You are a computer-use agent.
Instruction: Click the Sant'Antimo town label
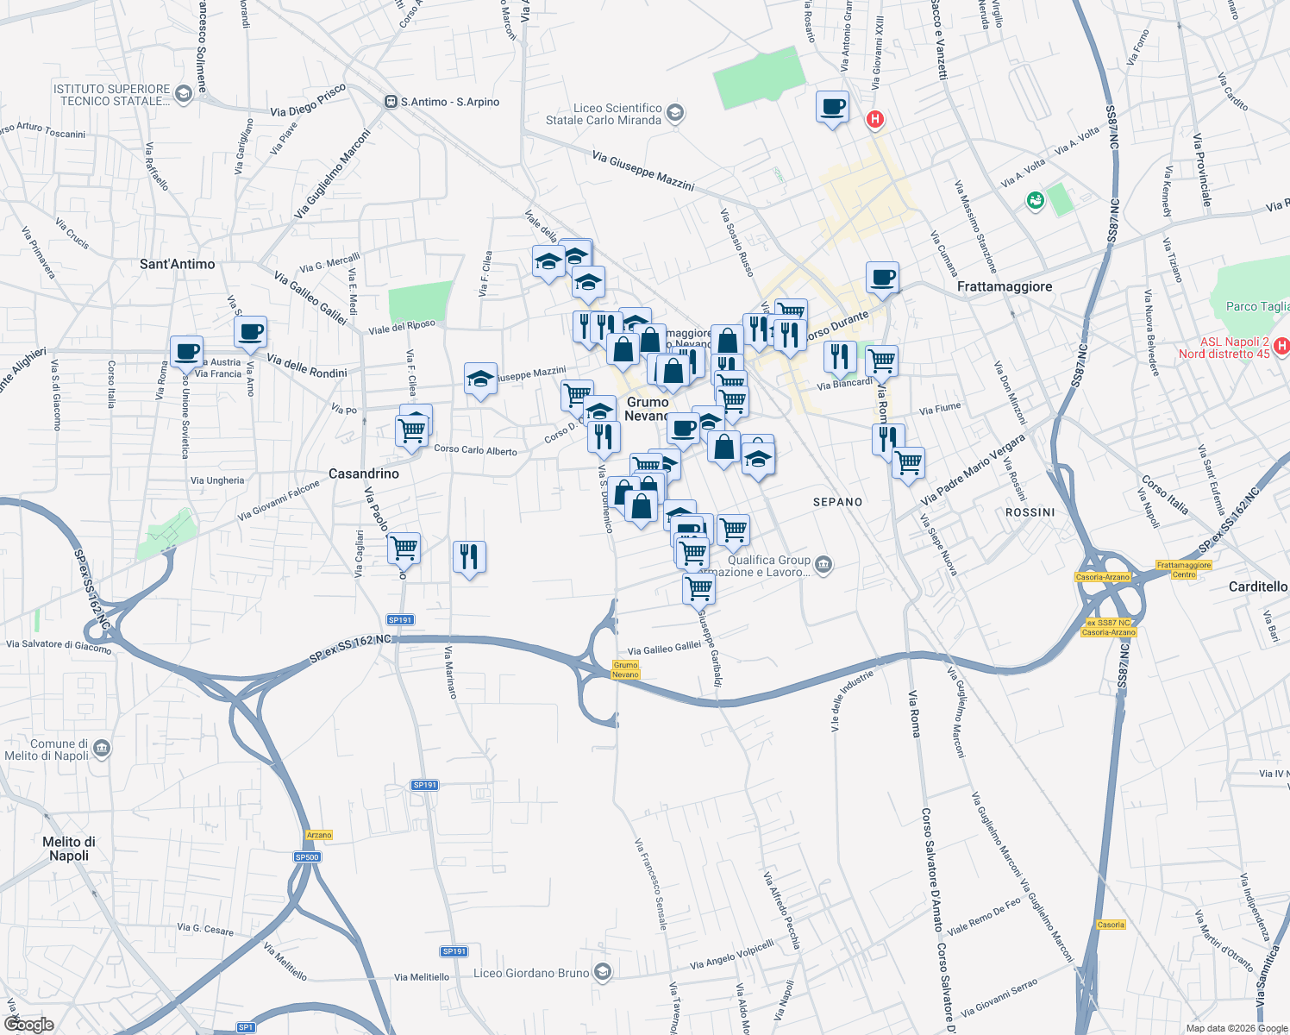pos(178,264)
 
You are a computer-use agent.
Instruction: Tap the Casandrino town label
pos(364,474)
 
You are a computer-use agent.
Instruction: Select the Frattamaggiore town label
pos(1005,286)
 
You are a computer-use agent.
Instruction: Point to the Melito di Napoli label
pos(69,849)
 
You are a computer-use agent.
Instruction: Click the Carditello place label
pos(1257,586)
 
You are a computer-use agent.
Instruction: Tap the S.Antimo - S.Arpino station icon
pos(391,102)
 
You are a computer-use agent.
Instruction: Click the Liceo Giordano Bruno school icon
pos(603,973)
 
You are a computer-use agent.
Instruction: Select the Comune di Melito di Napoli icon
pos(103,748)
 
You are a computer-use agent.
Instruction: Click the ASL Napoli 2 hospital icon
pos(1281,347)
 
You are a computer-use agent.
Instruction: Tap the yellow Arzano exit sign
pos(319,835)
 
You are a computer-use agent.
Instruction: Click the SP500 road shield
pos(307,856)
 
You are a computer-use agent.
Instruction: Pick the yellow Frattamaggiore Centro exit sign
pos(1184,570)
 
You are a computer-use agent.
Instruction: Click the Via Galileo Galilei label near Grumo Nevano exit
pos(664,649)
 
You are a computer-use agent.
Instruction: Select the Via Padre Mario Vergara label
pos(973,470)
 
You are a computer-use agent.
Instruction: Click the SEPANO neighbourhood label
pos(837,502)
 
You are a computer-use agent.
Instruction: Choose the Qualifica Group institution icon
pos(823,565)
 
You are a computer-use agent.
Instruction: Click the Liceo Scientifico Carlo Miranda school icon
pos(675,113)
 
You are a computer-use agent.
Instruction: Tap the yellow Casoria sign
pos(1111,925)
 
